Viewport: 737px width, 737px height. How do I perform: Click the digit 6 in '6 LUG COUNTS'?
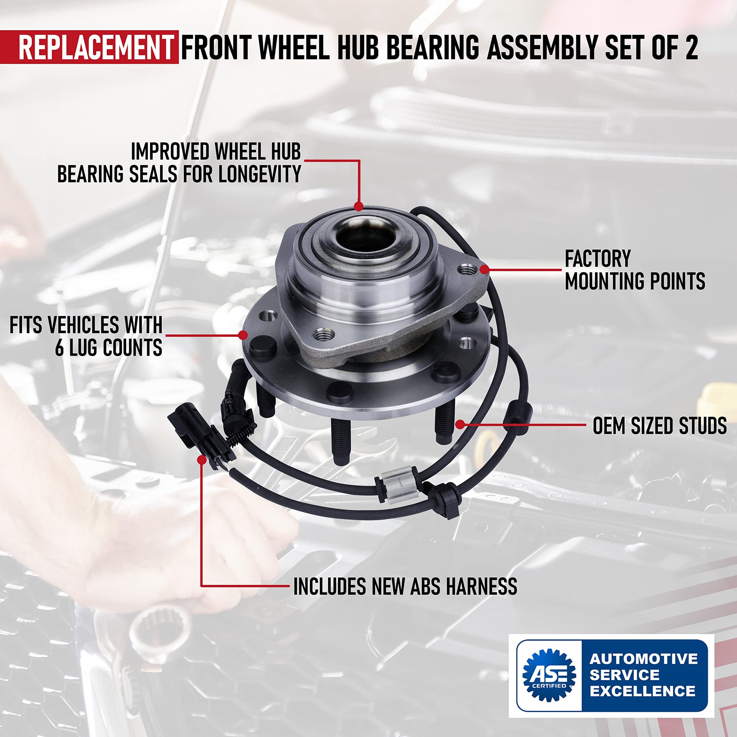pyautogui.click(x=60, y=347)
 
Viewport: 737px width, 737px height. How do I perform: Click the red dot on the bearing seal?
pyautogui.click(x=358, y=206)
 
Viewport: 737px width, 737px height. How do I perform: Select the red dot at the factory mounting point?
pyautogui.click(x=484, y=270)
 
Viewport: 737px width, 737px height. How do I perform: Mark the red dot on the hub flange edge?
pyautogui.click(x=243, y=335)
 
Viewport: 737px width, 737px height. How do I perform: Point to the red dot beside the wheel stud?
pyautogui.click(x=461, y=424)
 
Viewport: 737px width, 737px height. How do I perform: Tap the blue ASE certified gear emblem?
pyautogui.click(x=549, y=675)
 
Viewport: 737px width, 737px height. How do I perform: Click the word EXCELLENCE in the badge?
pyautogui.click(x=642, y=691)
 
